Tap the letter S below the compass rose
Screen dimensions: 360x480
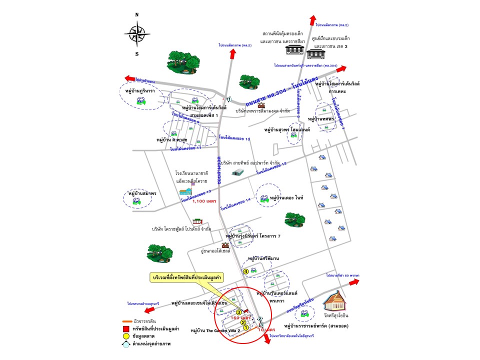tap(136, 54)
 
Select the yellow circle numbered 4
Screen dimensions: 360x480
tap(245, 271)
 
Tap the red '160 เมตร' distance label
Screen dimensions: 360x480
tap(240, 317)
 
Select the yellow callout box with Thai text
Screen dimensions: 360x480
tap(192, 276)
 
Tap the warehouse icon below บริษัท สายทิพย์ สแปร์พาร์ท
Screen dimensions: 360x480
tap(237, 172)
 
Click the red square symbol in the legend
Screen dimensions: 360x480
tap(126, 328)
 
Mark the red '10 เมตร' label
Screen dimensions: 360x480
tap(266, 330)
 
